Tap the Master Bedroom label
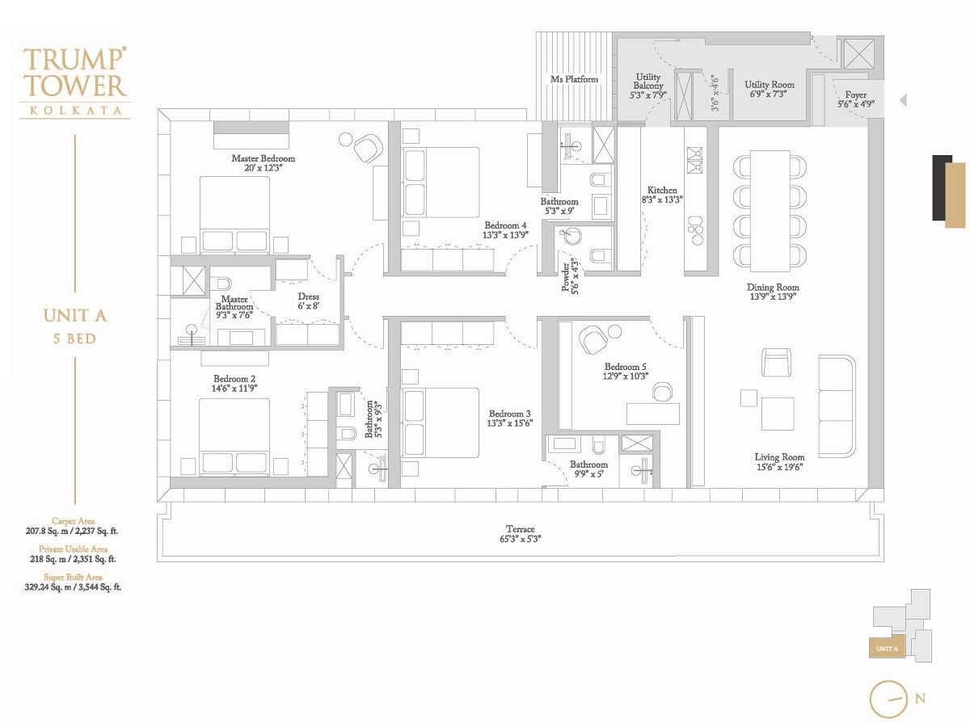263,158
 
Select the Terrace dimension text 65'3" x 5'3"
521,540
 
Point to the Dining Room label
773,288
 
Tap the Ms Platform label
574,79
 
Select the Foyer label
855,95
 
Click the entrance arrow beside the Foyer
903,101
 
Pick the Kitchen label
662,190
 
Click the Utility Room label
769,84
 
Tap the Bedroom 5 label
625,366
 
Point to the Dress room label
308,296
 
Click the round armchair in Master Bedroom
366,148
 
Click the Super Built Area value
74,588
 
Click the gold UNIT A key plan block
887,648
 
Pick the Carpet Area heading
73,521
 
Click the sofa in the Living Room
837,404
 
